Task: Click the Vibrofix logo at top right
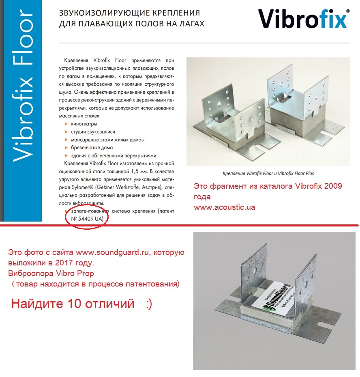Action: pyautogui.click(x=302, y=19)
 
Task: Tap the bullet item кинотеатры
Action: pyautogui.click(x=84, y=124)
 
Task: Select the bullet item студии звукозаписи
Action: pyautogui.click(x=93, y=131)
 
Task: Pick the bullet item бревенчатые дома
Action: pyautogui.click(x=92, y=148)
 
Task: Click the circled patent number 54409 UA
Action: pyautogui.click(x=87, y=219)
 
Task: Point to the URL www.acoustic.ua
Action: pyautogui.click(x=224, y=207)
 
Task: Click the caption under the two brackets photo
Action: pyautogui.click(x=268, y=173)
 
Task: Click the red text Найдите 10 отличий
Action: pyautogui.click(x=73, y=304)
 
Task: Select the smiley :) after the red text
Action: pyautogui.click(x=148, y=304)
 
